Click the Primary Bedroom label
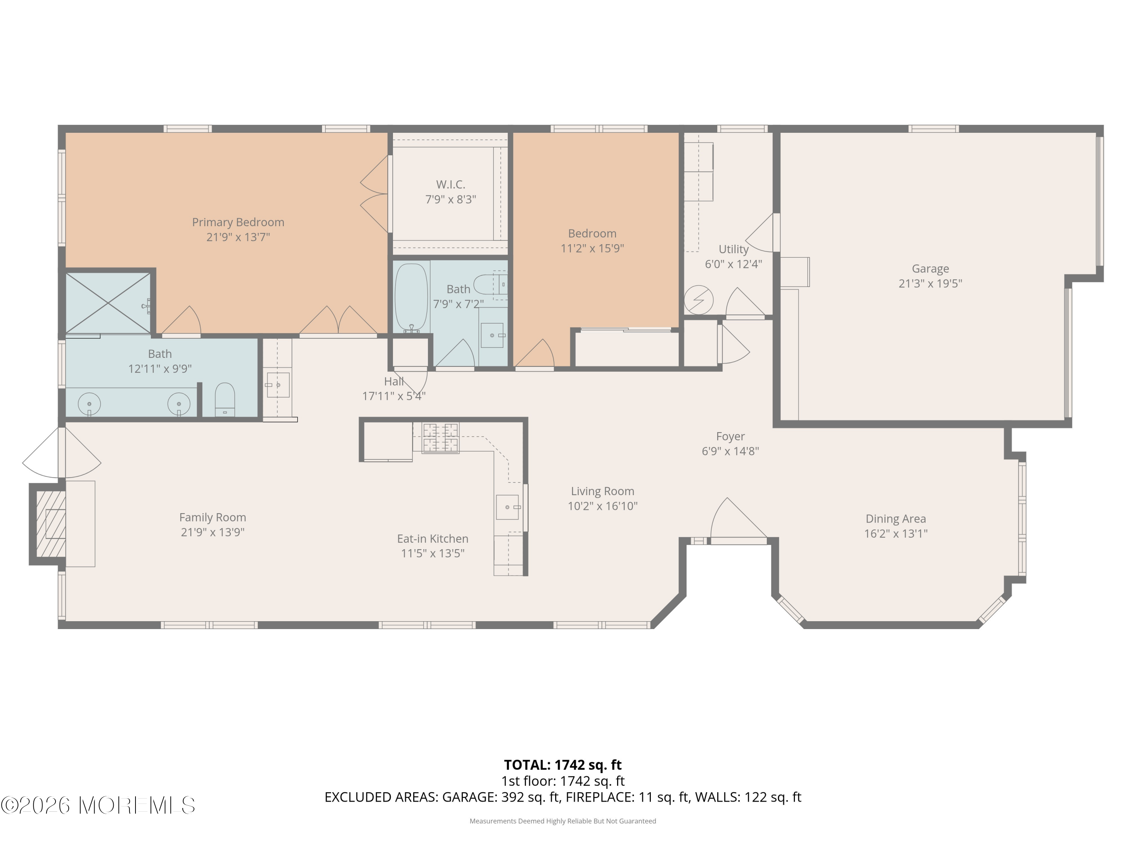pyautogui.click(x=238, y=222)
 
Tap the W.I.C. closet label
pyautogui.click(x=450, y=184)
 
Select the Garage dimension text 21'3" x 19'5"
pyautogui.click(x=930, y=283)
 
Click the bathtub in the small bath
pyautogui.click(x=411, y=297)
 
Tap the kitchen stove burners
pyautogui.click(x=441, y=437)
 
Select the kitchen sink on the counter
pyautogui.click(x=507, y=507)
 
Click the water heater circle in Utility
pyautogui.click(x=698, y=300)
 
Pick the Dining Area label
pyautogui.click(x=896, y=519)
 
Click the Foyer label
pyautogui.click(x=730, y=437)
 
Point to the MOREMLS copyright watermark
pyautogui.click(x=98, y=805)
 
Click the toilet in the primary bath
pyautogui.click(x=224, y=400)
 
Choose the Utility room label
pyautogui.click(x=733, y=249)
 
